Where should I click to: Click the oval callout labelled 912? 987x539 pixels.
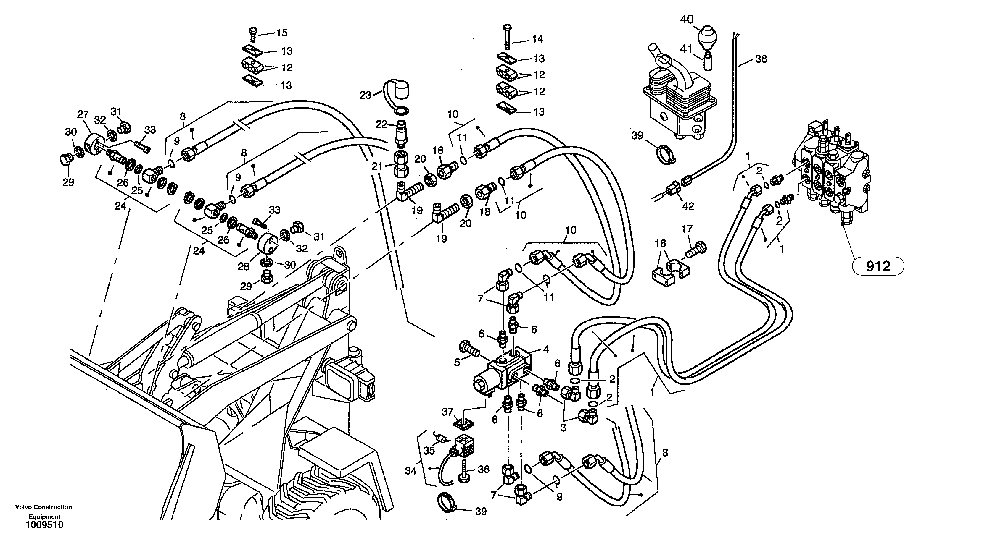878,266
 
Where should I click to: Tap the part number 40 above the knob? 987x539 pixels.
687,19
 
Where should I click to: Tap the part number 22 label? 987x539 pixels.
381,124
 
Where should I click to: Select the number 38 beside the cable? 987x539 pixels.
761,59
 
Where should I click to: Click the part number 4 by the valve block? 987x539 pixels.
546,349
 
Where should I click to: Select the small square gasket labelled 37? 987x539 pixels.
463,423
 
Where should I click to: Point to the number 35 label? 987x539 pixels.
429,451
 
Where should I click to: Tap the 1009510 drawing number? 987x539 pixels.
44,525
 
